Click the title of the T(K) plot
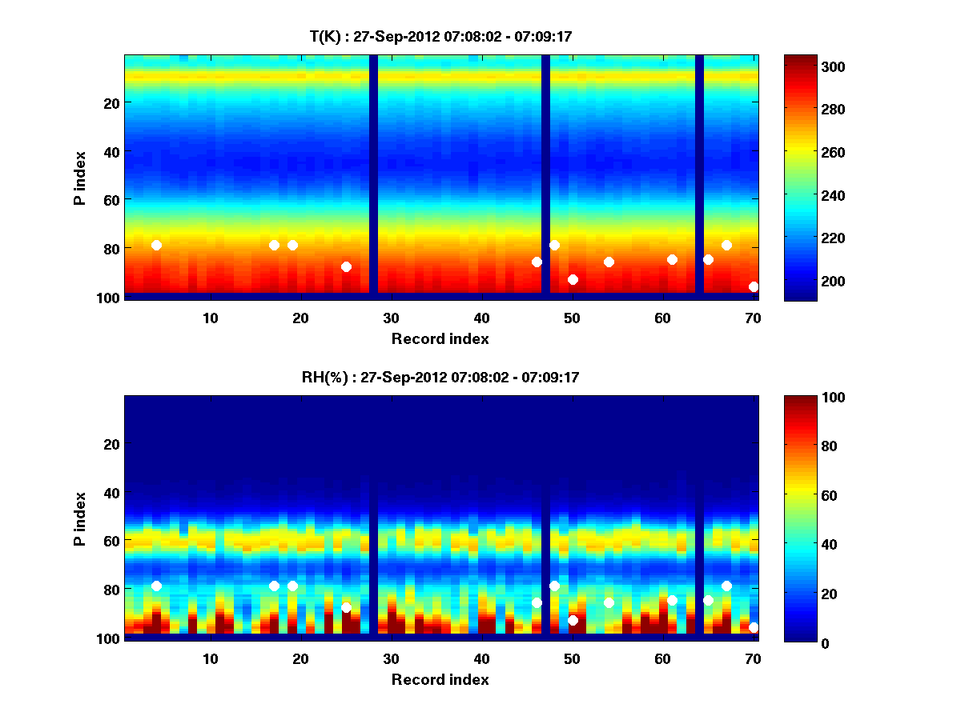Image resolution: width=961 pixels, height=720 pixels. point(440,36)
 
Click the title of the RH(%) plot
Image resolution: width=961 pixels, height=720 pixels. point(440,377)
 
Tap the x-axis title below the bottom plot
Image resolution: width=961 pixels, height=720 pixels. point(440,679)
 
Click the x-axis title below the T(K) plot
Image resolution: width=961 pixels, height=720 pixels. point(440,338)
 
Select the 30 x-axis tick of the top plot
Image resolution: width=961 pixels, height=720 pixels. point(391,318)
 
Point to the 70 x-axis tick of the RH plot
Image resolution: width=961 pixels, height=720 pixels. point(753,658)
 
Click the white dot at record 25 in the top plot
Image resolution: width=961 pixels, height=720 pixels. point(346,266)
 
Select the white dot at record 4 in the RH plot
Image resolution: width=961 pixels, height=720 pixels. point(156,586)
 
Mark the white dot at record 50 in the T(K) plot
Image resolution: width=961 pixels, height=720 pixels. point(573,279)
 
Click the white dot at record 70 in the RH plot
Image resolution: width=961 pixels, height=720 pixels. point(754,627)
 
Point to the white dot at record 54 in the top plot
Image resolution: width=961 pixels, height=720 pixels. point(609,262)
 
